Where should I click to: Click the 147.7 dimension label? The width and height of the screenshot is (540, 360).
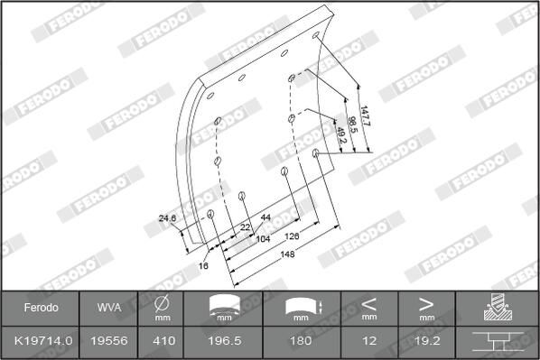365,115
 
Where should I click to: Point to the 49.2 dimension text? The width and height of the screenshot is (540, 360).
340,135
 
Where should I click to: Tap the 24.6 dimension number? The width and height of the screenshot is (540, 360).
167,217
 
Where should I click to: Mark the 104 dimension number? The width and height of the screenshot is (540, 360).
263,239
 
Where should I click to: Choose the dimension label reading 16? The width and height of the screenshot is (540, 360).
203,266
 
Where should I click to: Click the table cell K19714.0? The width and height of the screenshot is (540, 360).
39,340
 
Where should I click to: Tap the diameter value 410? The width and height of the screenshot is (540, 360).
163,340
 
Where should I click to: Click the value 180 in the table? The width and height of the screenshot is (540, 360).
300,340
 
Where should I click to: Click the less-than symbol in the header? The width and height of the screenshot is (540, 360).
369,303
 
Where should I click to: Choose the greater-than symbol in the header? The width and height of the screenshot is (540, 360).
426,303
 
